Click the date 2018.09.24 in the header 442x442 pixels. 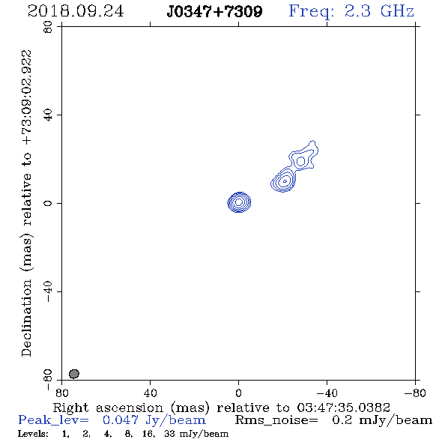click(76, 11)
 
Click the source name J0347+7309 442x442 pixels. click(214, 11)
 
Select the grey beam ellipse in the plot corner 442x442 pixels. click(74, 374)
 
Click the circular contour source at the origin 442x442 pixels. click(239, 202)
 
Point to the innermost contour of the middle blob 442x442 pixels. click(285, 181)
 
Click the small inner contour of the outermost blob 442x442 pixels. click(300, 161)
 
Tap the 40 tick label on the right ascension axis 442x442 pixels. click(150, 393)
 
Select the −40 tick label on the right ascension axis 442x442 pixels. click(327, 393)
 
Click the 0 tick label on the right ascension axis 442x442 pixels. click(238, 393)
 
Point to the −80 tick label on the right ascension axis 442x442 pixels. click(415, 393)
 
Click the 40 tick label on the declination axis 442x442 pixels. click(48, 115)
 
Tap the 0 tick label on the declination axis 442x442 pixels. click(48, 203)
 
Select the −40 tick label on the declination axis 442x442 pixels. click(48, 291)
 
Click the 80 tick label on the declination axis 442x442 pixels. click(48, 27)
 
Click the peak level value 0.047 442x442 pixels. click(121, 420)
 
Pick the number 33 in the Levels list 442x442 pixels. click(170, 433)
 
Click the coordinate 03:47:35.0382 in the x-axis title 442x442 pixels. click(343, 408)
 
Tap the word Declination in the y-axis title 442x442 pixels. click(26, 318)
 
